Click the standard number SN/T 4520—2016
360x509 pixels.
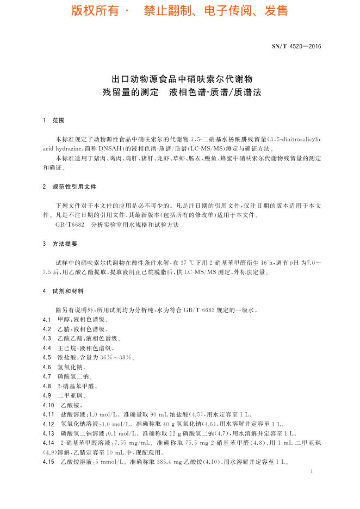(296, 46)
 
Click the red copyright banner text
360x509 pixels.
(179, 11)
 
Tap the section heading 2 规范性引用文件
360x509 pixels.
(69, 187)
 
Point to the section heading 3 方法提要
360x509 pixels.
(60, 244)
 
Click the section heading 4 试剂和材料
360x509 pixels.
(64, 291)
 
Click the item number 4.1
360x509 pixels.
(46, 320)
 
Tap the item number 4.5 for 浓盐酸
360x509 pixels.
(46, 357)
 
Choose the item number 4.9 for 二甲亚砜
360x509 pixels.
(46, 395)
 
